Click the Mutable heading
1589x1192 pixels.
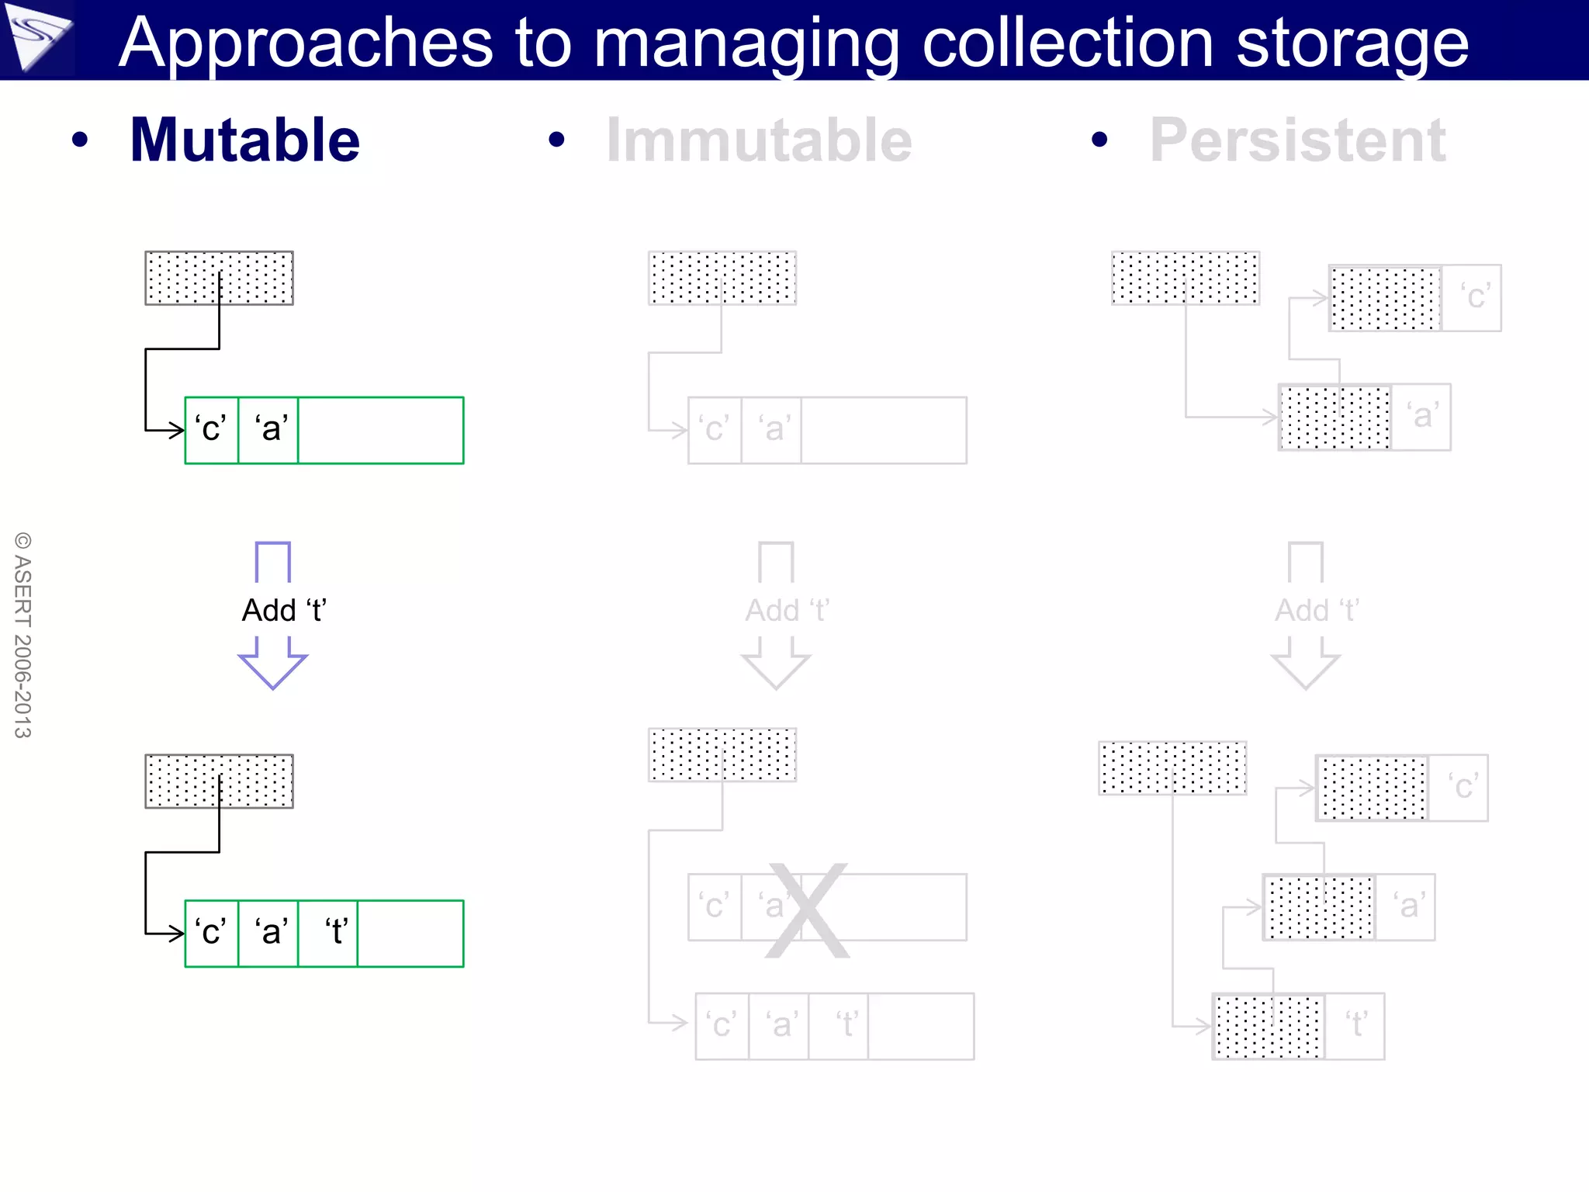[244, 140]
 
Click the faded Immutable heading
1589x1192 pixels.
[759, 140]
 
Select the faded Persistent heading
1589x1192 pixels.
[1297, 140]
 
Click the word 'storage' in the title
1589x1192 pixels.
[1352, 43]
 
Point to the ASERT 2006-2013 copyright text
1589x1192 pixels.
[23, 635]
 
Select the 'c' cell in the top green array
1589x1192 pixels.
[211, 429]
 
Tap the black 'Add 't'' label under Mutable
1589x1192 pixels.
[284, 611]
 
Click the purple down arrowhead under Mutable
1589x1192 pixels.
[272, 669]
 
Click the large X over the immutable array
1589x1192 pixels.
[807, 910]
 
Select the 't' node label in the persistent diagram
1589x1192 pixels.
[1355, 1025]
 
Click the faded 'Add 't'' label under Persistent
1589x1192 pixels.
[1317, 611]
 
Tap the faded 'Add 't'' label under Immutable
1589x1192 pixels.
[787, 611]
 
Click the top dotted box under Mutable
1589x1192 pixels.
[219, 278]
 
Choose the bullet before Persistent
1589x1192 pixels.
[1099, 140]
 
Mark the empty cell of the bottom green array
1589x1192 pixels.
[410, 933]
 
